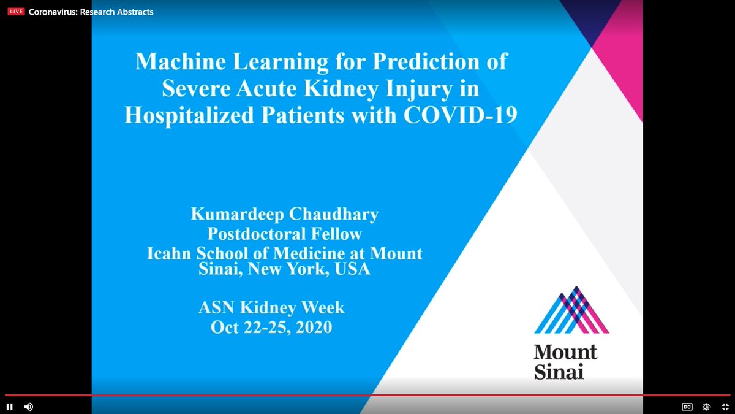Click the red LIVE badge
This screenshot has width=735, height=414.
[17, 12]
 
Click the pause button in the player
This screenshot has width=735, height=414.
[10, 407]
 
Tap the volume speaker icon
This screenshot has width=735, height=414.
[28, 407]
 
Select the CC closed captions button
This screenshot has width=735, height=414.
[687, 407]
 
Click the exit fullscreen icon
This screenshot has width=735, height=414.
[725, 407]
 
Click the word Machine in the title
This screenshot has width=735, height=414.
[175, 61]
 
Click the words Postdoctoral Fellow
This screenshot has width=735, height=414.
[284, 234]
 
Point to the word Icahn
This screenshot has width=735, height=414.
[169, 253]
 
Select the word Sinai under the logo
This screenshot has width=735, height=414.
[559, 371]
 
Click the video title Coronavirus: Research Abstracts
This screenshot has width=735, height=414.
[91, 12]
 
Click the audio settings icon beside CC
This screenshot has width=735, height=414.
[706, 407]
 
